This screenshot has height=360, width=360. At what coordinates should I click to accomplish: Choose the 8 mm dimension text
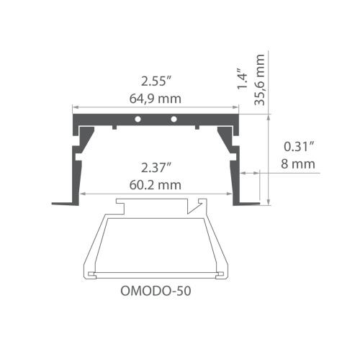(x=299, y=164)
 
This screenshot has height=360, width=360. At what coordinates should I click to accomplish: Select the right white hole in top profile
(x=173, y=117)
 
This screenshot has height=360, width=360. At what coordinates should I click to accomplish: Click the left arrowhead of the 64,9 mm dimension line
(x=74, y=108)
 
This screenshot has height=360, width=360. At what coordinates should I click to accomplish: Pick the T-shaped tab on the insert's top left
(x=120, y=206)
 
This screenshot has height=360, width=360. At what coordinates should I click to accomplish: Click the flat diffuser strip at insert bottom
(x=156, y=273)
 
